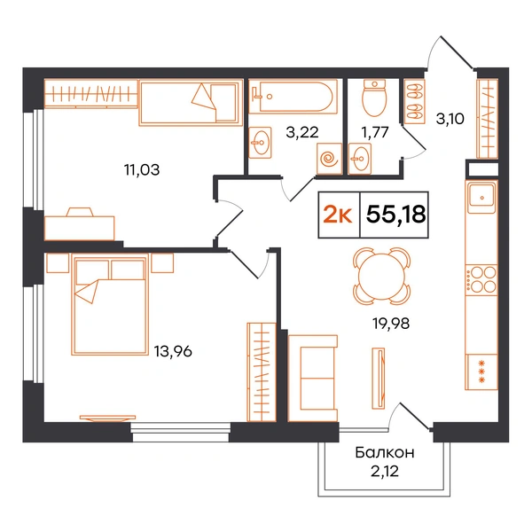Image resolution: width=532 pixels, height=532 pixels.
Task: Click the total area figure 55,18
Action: click(x=396, y=215)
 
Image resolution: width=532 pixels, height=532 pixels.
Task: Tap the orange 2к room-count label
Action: click(x=338, y=215)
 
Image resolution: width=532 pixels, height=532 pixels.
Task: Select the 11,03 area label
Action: click(x=142, y=169)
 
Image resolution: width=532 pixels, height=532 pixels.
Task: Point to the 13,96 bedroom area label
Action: click(x=173, y=351)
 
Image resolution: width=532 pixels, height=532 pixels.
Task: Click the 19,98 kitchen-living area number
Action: click(x=391, y=324)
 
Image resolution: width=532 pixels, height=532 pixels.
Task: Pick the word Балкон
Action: click(x=385, y=452)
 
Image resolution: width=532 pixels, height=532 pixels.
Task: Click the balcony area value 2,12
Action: click(x=385, y=472)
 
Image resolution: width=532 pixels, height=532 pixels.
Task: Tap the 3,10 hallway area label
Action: click(x=450, y=119)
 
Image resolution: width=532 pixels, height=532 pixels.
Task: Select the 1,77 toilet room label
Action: click(x=374, y=132)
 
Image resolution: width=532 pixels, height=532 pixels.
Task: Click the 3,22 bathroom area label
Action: click(x=302, y=132)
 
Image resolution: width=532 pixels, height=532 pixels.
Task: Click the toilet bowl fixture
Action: click(x=374, y=98)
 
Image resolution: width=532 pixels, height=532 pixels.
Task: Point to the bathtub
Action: click(x=293, y=97)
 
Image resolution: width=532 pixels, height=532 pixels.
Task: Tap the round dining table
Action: click(x=381, y=276)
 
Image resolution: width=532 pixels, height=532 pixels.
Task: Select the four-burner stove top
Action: click(x=481, y=279)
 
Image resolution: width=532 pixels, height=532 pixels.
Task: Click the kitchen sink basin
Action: click(x=481, y=197)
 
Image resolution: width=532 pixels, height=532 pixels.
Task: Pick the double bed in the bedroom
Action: click(x=110, y=304)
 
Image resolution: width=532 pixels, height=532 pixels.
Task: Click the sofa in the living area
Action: click(x=313, y=379)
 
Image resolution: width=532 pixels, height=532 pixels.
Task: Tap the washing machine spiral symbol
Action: click(x=329, y=159)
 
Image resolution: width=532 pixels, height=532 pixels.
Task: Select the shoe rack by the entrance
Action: click(x=414, y=101)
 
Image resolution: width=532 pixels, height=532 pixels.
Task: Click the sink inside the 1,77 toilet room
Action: click(x=360, y=159)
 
